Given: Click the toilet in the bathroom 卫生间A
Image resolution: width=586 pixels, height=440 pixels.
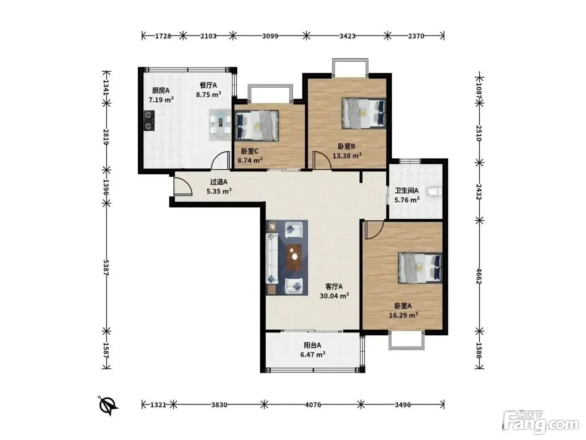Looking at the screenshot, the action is click(x=434, y=192).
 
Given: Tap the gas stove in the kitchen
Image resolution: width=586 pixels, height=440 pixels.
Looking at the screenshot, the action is click(x=149, y=121).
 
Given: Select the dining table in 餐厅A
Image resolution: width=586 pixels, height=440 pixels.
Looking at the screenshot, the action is click(x=220, y=125).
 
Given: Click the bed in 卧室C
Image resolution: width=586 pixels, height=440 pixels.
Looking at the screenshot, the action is click(x=257, y=126).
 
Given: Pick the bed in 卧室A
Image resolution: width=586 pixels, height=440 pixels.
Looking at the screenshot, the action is click(x=420, y=268).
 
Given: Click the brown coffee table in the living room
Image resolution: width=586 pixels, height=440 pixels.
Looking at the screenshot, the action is click(x=294, y=257).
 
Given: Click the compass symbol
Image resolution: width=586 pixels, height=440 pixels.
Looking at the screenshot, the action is click(x=108, y=405).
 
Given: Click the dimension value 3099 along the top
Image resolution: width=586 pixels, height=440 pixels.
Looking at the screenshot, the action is click(x=270, y=36).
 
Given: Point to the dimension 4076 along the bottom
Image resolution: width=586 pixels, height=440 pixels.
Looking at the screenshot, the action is click(x=313, y=405).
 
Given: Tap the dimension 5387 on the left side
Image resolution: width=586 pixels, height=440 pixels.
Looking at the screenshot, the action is click(x=106, y=267).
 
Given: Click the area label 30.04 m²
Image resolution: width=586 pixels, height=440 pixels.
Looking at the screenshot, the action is click(x=334, y=296).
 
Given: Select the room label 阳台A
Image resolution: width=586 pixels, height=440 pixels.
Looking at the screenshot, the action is click(x=312, y=345).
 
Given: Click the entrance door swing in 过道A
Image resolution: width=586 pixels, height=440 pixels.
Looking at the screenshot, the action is click(x=182, y=186).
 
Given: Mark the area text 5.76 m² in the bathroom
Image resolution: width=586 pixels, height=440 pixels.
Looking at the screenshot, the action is click(x=407, y=200).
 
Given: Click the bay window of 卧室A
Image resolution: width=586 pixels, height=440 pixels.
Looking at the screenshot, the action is click(x=406, y=340).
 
